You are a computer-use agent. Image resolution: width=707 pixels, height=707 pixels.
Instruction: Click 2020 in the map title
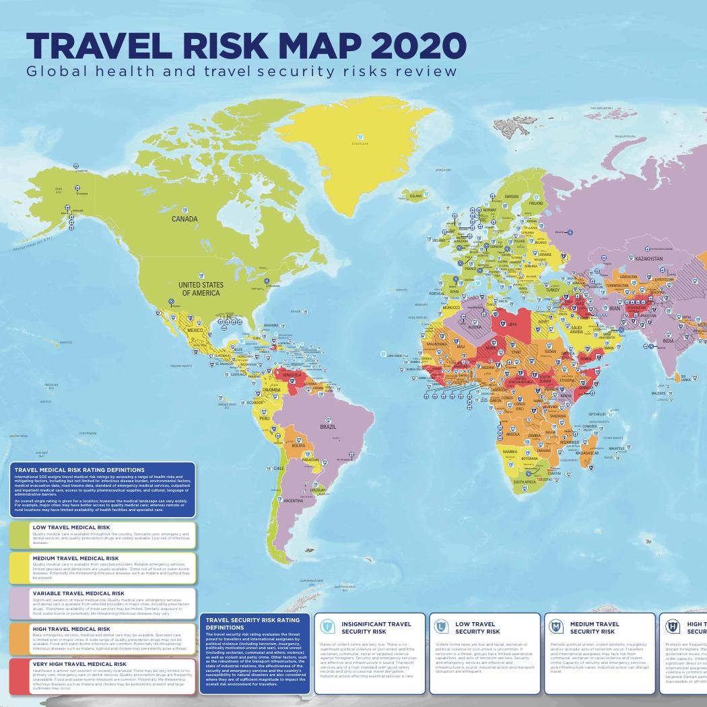click(x=417, y=46)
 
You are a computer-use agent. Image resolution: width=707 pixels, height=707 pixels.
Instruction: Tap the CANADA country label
click(x=184, y=219)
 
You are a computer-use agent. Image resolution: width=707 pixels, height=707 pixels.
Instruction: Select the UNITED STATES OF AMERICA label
click(x=201, y=289)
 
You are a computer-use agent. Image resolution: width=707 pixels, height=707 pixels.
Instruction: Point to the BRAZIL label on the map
click(x=328, y=427)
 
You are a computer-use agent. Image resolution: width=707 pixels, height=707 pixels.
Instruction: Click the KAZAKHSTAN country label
click(x=648, y=259)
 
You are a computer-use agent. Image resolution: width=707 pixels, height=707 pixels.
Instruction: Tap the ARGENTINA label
click(x=293, y=501)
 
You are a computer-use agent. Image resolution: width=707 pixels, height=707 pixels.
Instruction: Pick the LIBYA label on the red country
click(x=512, y=325)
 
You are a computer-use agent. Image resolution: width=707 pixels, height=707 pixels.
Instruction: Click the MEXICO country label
click(x=195, y=331)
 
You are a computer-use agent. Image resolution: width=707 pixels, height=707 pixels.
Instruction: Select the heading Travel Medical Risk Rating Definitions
click(x=79, y=470)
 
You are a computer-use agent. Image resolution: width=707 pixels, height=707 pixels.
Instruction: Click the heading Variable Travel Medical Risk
click(x=78, y=594)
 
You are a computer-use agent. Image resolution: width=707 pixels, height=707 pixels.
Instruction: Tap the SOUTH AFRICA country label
click(x=525, y=482)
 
